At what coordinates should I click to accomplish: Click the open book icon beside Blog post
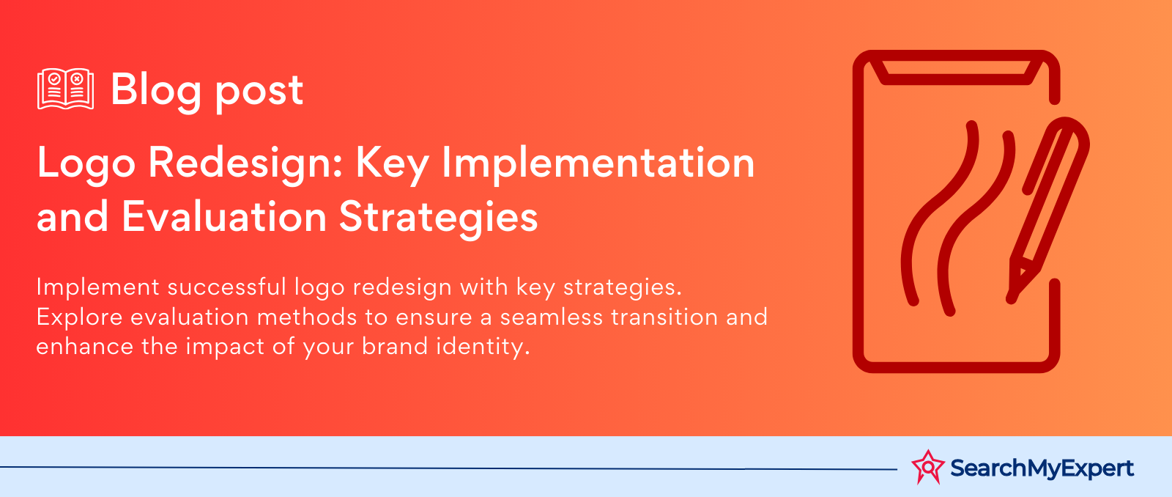(x=65, y=89)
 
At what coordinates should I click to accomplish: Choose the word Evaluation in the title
(x=224, y=216)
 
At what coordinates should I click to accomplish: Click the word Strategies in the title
(x=439, y=217)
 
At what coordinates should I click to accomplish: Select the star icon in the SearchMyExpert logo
(x=928, y=467)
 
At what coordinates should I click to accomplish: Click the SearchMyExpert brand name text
(x=1042, y=468)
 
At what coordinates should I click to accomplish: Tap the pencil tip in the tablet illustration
(x=1012, y=299)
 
